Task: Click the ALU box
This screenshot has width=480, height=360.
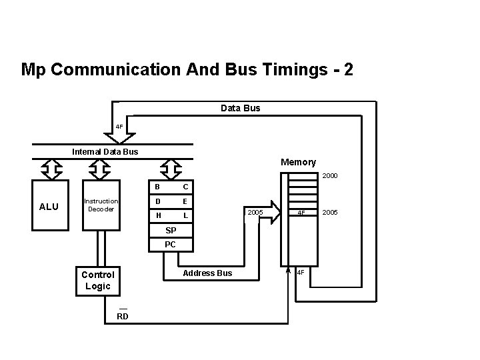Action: point(49,207)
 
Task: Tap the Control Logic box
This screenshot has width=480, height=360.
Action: point(97,280)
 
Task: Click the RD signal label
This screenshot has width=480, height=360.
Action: point(123,316)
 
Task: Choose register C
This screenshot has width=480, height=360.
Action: point(185,186)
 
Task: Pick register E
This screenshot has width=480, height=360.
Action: point(185,201)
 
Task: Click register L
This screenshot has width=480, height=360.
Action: point(185,216)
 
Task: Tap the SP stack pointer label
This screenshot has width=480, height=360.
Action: point(171,230)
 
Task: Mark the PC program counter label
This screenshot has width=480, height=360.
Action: point(171,245)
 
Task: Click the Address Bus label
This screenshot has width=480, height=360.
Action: point(207,273)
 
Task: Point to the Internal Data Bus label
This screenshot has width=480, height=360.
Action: point(105,151)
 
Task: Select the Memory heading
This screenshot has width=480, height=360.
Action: point(298,162)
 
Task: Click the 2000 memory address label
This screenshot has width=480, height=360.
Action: point(330,177)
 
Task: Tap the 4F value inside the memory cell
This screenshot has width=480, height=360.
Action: point(301,213)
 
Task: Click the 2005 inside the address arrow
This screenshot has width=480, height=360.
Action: point(255,212)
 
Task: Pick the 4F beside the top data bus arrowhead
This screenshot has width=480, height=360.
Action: point(119,126)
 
